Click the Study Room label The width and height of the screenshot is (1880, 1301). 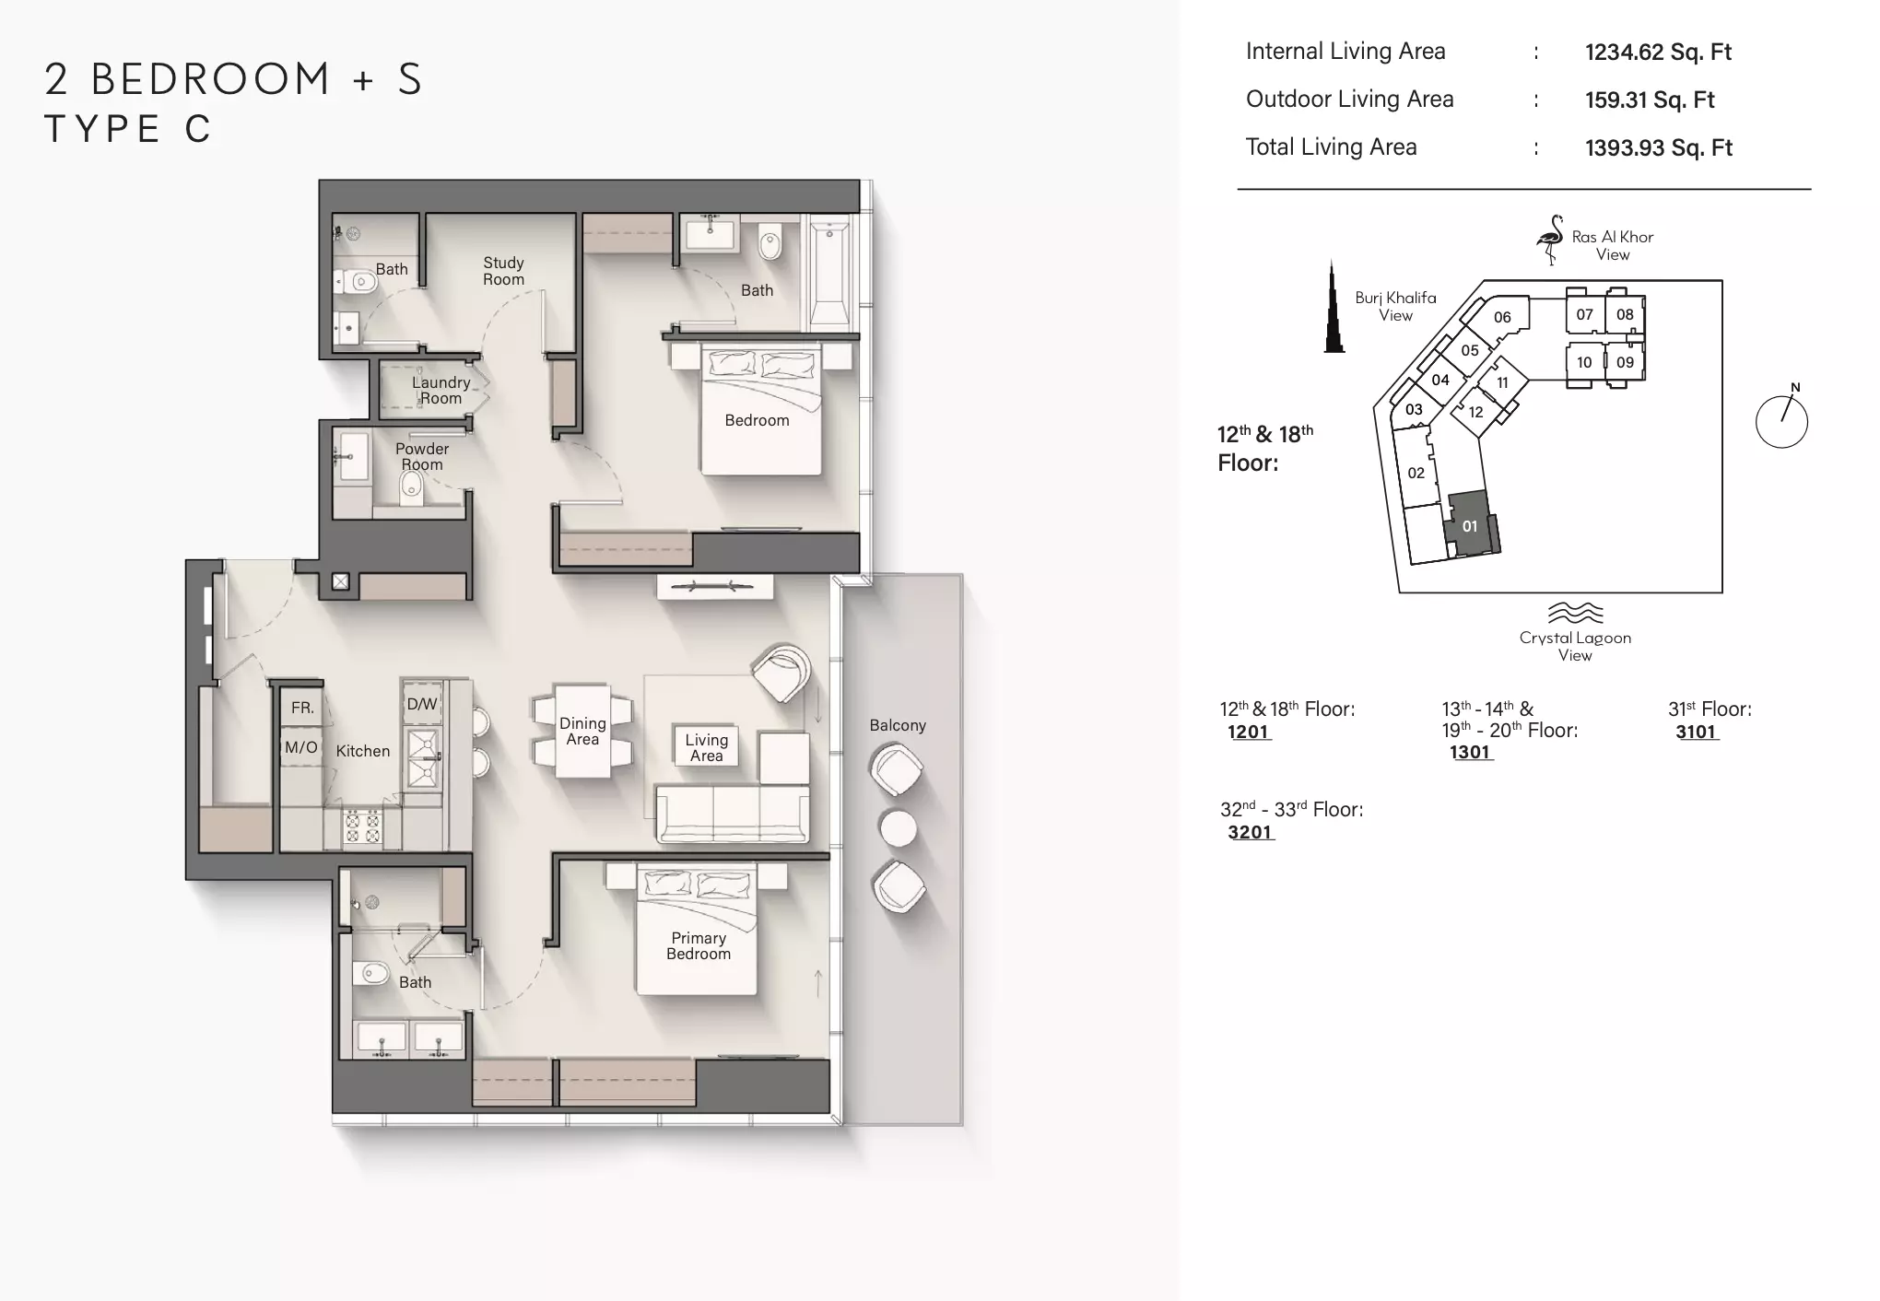503,271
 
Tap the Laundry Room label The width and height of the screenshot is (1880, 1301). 441,390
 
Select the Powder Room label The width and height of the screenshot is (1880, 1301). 422,456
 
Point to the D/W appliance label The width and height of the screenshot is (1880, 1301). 422,704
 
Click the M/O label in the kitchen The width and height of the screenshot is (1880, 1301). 301,747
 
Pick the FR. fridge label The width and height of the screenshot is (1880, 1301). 302,708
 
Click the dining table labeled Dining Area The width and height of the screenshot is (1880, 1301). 582,732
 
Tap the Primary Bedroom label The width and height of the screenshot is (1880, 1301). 699,945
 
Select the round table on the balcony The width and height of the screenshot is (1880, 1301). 898,827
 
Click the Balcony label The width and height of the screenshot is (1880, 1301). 898,725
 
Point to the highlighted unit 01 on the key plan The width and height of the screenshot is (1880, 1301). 1472,524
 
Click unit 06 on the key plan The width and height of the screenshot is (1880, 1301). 1502,317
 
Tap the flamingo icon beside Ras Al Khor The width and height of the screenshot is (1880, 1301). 1550,240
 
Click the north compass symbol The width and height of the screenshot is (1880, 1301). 1781,419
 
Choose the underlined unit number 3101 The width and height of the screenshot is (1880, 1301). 1696,732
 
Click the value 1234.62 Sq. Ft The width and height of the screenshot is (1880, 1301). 1658,52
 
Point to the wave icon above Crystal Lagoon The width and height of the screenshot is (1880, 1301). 1575,613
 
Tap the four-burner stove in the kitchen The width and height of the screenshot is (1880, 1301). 362,826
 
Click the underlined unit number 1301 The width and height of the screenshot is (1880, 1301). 1470,752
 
